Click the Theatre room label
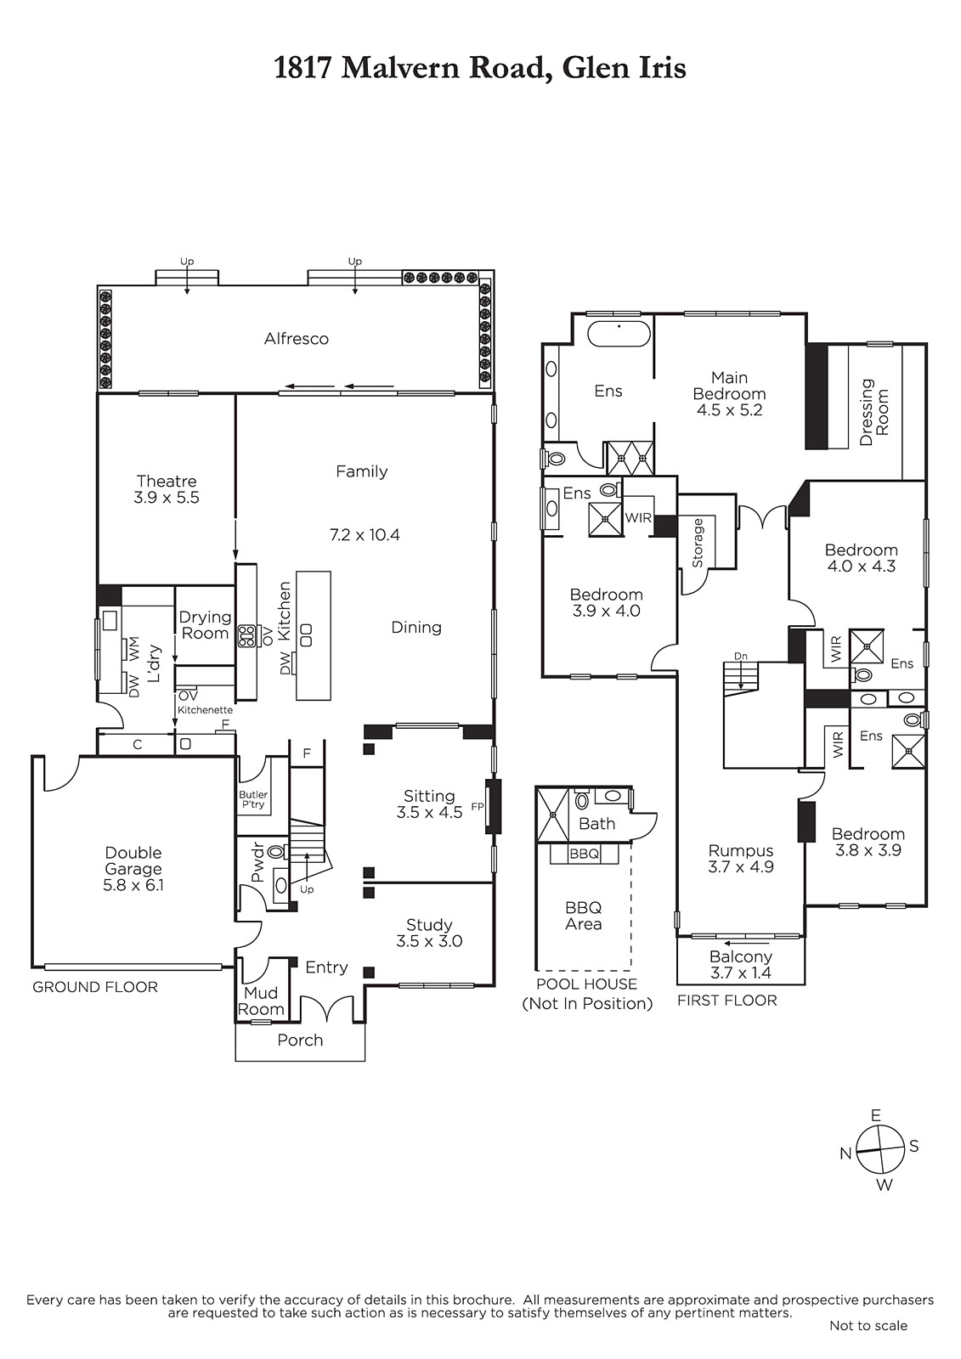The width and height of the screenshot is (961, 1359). pos(167,481)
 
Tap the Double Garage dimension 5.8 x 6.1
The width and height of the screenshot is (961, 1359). pos(133,885)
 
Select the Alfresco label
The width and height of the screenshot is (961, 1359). pos(297,339)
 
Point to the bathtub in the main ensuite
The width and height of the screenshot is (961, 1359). pos(619,335)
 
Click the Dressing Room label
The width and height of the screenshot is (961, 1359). pos(874,412)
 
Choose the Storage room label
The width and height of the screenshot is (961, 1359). pos(698,543)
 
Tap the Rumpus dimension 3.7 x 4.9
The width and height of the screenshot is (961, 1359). pos(741,867)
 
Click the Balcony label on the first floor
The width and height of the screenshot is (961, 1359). pos(741,956)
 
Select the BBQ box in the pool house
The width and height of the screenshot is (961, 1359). pos(584,854)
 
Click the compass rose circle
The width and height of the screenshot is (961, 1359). pos(879,1150)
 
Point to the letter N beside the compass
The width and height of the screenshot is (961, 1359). pos(845,1154)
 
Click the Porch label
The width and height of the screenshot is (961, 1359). pos(300,1040)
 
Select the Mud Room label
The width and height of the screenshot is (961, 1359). pos(261,1001)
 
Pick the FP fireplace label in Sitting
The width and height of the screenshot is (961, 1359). pos(478,807)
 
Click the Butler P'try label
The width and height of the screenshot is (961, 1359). pos(253,799)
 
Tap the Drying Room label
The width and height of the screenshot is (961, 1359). pos(205,625)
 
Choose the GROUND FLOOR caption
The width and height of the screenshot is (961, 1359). pos(95,987)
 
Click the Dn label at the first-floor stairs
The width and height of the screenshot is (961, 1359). pos(741,656)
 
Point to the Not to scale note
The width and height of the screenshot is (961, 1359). pos(868,1343)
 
